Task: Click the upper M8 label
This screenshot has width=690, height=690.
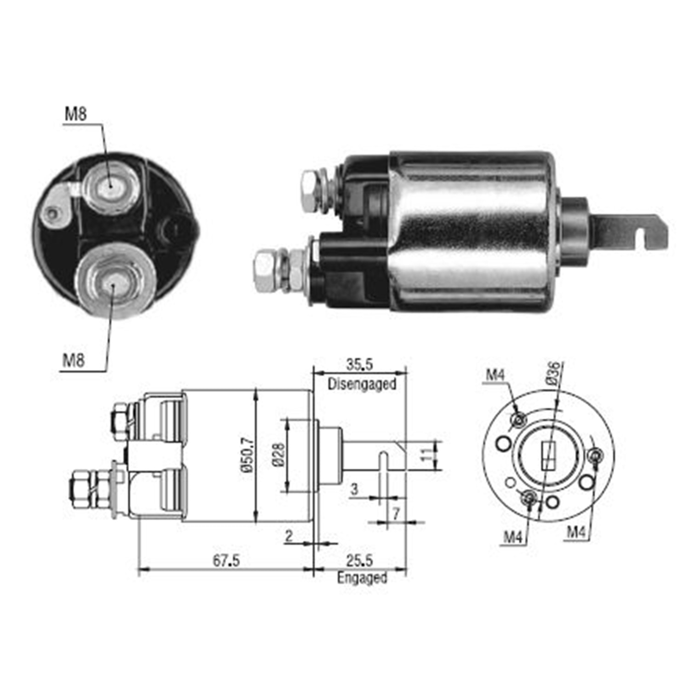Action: click(75, 113)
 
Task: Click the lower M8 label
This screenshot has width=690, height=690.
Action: click(74, 359)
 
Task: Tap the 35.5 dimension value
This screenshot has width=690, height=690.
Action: click(359, 365)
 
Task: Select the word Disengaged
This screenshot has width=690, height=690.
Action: click(362, 384)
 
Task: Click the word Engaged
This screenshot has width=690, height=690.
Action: click(362, 577)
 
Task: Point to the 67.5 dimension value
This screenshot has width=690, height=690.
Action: click(226, 561)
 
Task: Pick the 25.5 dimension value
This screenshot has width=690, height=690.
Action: click(359, 560)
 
